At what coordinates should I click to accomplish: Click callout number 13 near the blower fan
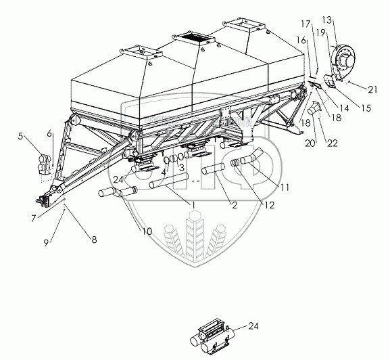(327, 20)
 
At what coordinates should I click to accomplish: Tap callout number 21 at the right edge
(372, 89)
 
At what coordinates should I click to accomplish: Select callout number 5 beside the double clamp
(20, 136)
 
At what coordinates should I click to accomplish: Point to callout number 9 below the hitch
(46, 243)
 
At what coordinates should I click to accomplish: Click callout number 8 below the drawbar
(94, 240)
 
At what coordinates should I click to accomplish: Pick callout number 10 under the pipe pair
(147, 231)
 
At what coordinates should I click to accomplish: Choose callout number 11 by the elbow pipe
(285, 187)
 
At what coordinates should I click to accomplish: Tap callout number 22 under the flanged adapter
(333, 143)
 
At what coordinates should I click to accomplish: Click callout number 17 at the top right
(306, 24)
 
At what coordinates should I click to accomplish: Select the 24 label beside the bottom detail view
(253, 326)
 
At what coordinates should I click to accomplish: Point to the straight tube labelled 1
(168, 181)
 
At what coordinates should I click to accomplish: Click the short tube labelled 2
(214, 168)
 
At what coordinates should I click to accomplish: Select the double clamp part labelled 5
(45, 164)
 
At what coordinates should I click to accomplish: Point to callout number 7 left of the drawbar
(34, 219)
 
